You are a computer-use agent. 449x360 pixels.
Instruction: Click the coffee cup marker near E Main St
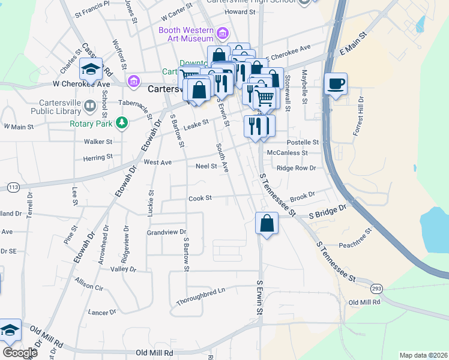point(336,83)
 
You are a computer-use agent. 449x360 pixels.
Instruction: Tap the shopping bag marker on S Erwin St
point(266,224)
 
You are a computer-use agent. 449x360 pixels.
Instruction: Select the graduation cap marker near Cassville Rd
point(91,70)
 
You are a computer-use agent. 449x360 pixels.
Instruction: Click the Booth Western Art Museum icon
point(223,33)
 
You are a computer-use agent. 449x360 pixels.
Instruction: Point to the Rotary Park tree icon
point(122,123)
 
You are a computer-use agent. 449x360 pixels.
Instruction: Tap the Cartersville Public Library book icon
point(90,106)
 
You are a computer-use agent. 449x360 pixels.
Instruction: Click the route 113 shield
point(13,187)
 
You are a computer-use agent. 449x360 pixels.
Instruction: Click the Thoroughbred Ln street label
point(200,296)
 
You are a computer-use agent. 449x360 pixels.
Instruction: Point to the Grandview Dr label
point(167,232)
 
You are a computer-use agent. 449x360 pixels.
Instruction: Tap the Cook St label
point(200,198)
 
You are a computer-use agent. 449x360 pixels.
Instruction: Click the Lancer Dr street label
point(102,313)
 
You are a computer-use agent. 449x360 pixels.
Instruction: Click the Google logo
point(19,353)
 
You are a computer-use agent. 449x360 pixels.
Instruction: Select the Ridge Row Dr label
point(296,168)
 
